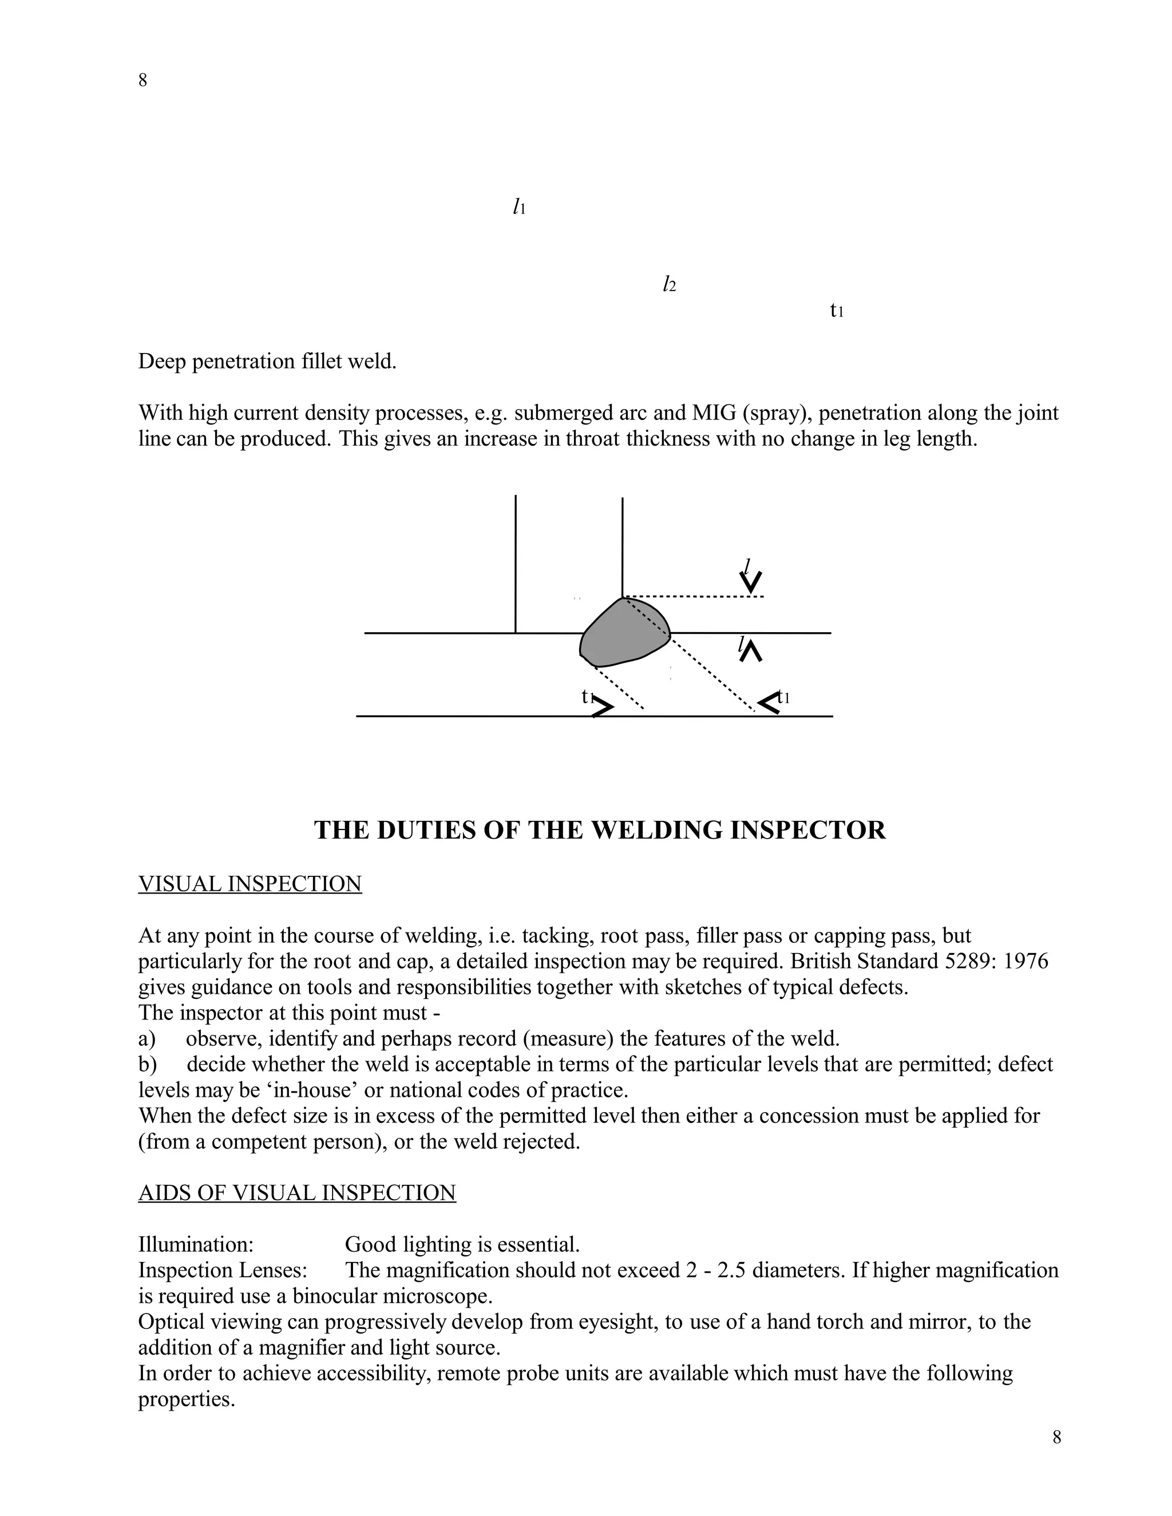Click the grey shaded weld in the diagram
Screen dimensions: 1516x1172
623,633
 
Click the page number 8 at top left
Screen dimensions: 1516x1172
143,81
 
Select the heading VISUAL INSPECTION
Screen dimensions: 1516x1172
250,884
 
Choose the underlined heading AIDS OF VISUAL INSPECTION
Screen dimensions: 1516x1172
297,1193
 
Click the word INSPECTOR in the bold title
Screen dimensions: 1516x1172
808,830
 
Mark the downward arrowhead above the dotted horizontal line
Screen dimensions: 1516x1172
751,582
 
